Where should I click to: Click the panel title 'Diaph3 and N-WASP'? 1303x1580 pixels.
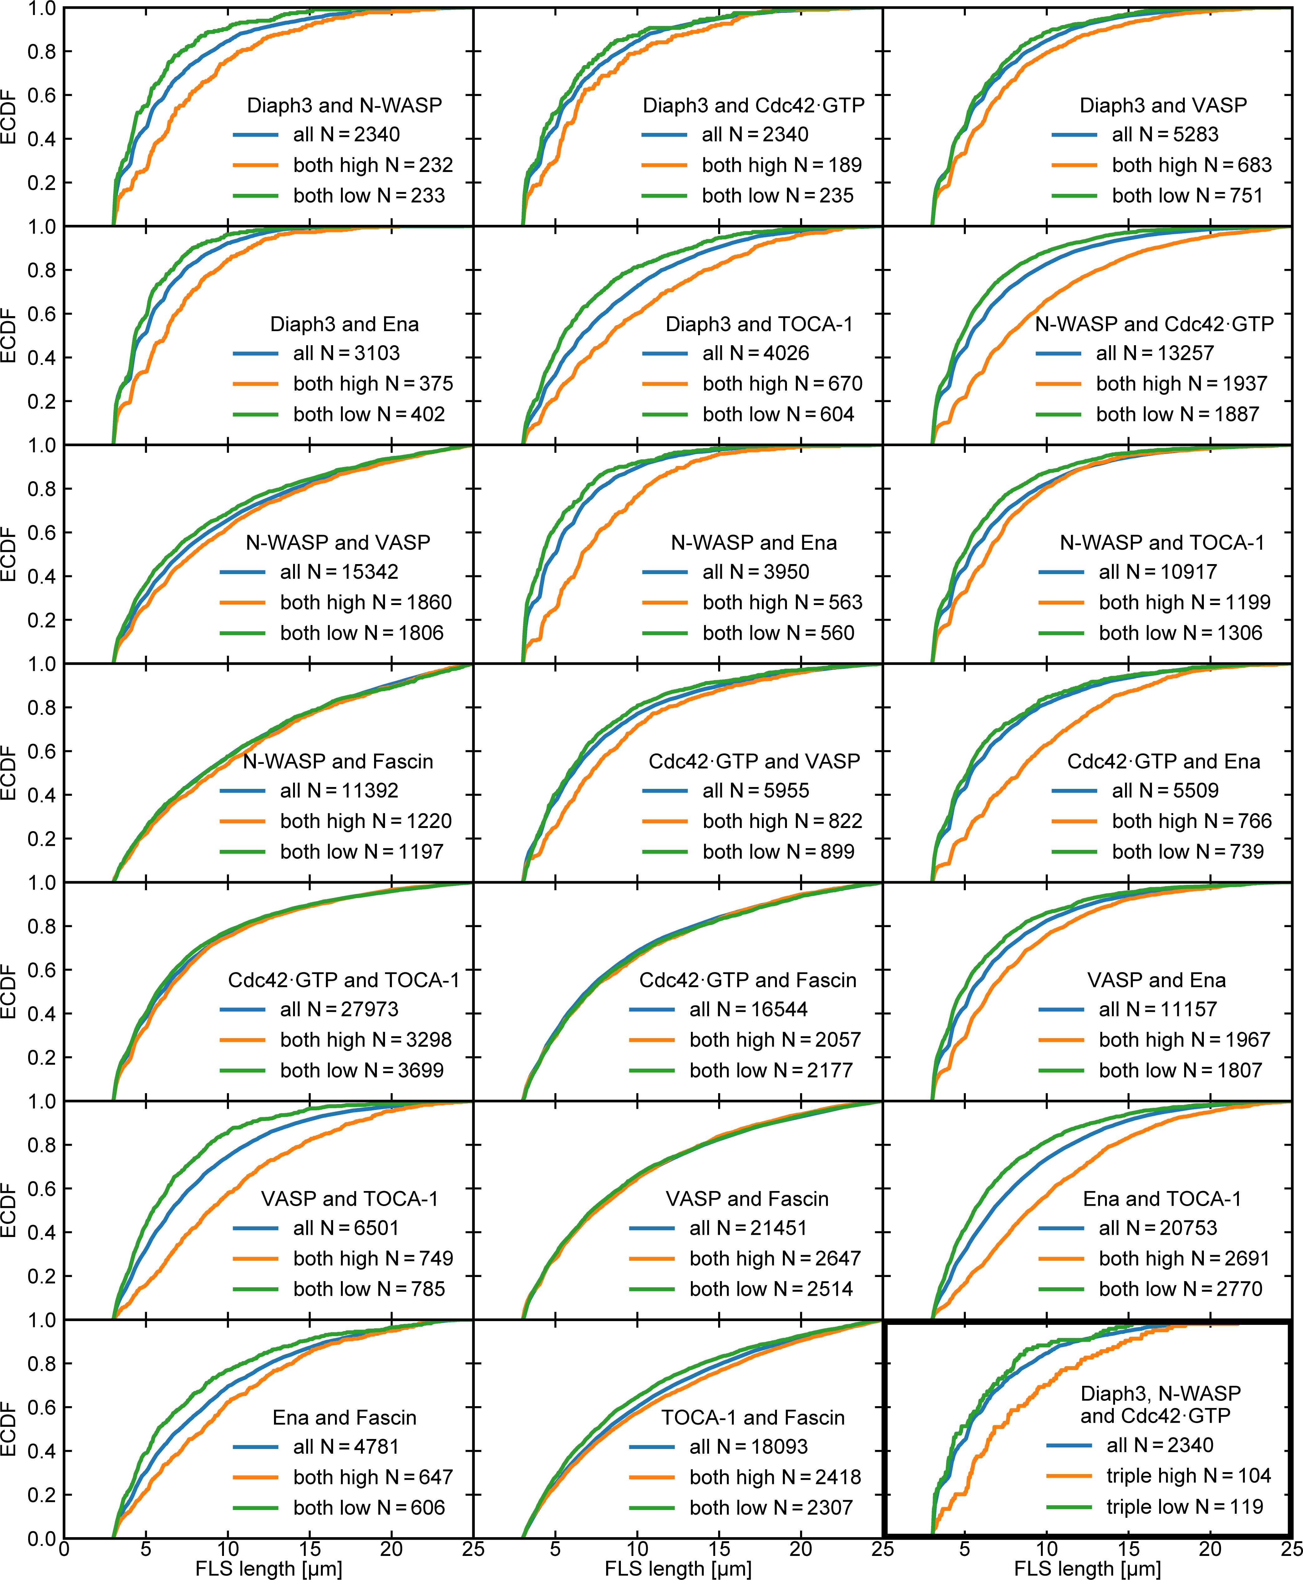344,105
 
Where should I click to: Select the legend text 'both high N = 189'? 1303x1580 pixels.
781,165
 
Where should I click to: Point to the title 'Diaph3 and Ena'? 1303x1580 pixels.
344,324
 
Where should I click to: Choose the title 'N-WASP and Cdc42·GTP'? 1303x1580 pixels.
1154,324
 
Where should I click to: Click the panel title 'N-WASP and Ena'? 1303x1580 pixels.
753,543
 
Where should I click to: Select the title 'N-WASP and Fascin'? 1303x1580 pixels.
338,761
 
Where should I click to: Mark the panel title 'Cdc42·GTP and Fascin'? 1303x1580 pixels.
748,980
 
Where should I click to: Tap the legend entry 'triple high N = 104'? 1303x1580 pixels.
1188,1476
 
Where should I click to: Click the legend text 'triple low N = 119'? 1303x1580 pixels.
1184,1507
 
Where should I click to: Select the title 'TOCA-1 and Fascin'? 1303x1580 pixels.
753,1417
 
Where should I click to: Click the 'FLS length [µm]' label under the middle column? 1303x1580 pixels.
678,1568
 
